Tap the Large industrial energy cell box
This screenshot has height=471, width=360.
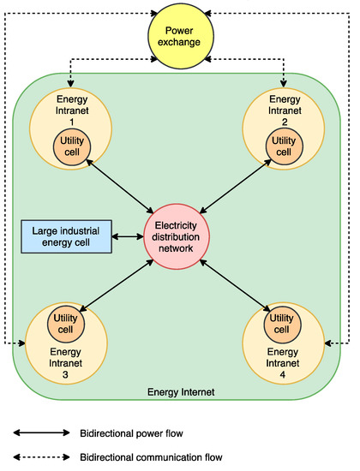tap(65, 236)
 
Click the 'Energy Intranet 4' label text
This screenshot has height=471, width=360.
tap(280, 363)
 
